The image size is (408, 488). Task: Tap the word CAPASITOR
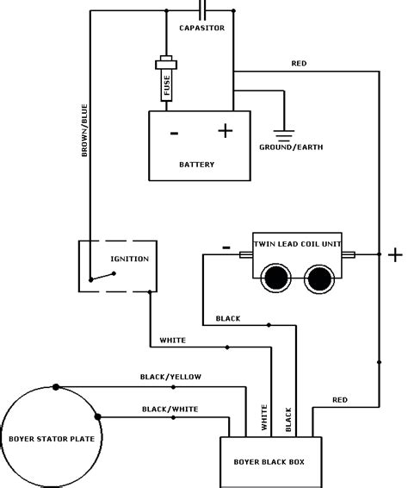202,28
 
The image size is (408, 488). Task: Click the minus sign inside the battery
174,133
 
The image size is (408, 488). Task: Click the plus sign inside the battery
225,131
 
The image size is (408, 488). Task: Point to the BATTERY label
198,164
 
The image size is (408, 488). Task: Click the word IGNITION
130,259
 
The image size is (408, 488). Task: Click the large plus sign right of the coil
395,254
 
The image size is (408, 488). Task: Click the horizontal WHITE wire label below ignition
173,340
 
